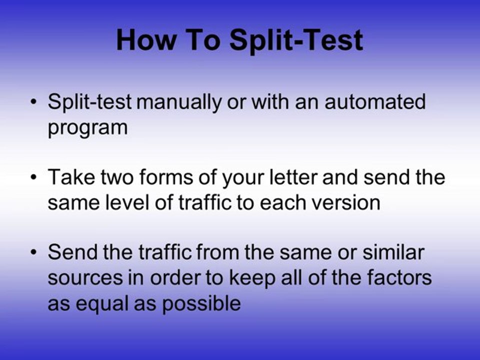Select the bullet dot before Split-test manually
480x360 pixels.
point(33,102)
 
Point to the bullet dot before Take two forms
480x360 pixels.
point(33,177)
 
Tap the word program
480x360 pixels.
point(87,128)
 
